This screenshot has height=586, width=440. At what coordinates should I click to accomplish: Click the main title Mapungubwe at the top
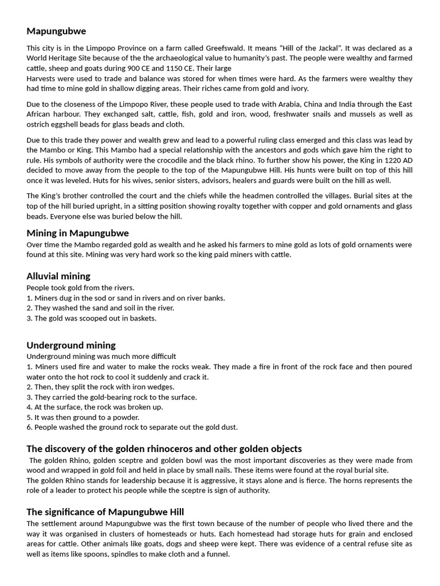[x=56, y=31]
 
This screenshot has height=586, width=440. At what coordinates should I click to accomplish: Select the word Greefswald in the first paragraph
[x=248, y=48]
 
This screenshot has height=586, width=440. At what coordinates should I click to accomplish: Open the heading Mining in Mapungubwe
[x=77, y=233]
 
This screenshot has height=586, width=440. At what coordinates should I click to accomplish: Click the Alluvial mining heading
[x=58, y=276]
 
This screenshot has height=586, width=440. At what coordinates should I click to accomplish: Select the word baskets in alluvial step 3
[x=142, y=318]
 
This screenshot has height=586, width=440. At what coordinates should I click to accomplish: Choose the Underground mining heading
[x=71, y=345]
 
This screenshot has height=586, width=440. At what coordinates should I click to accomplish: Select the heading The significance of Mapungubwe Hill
[x=105, y=512]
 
